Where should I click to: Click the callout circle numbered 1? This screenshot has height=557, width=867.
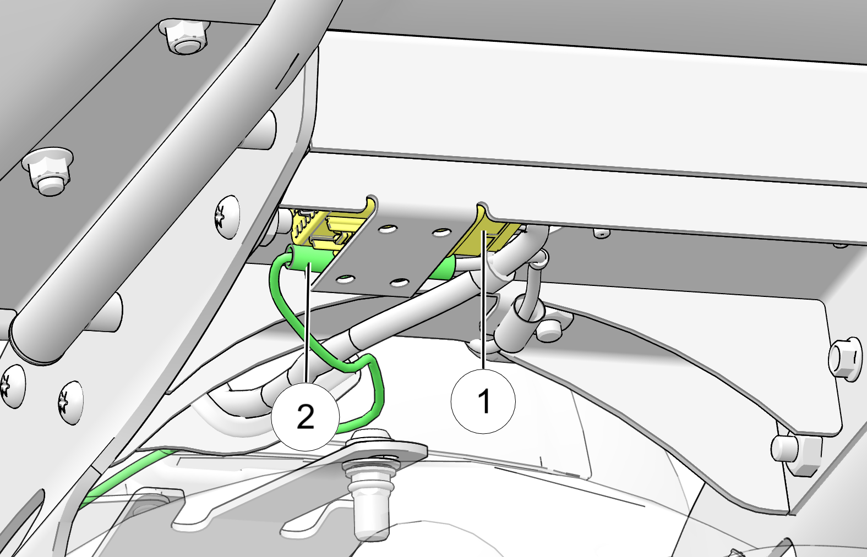tap(483, 401)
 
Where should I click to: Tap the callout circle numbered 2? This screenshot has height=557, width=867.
tap(306, 417)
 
